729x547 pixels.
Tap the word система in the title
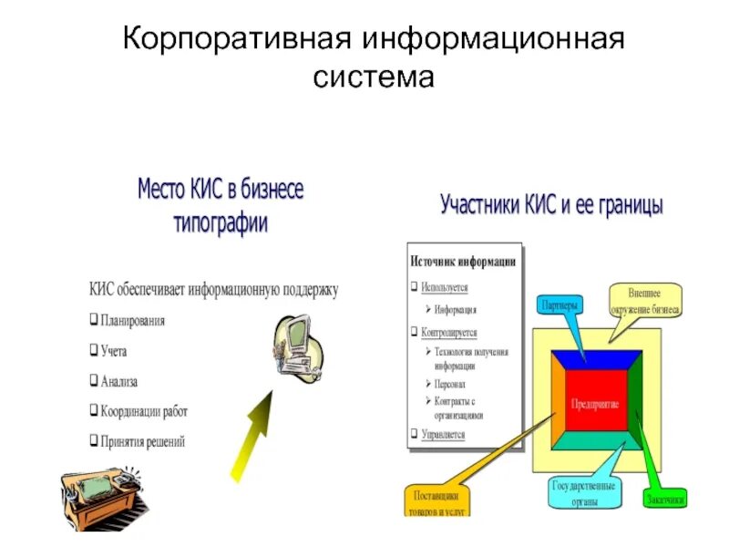373,77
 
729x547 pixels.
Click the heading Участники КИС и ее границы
551,204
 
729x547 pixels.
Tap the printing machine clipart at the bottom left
100,491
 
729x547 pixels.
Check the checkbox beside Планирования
94,321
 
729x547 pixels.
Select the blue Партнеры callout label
557,304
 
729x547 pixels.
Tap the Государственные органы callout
584,493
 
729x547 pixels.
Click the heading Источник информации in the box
463,261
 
